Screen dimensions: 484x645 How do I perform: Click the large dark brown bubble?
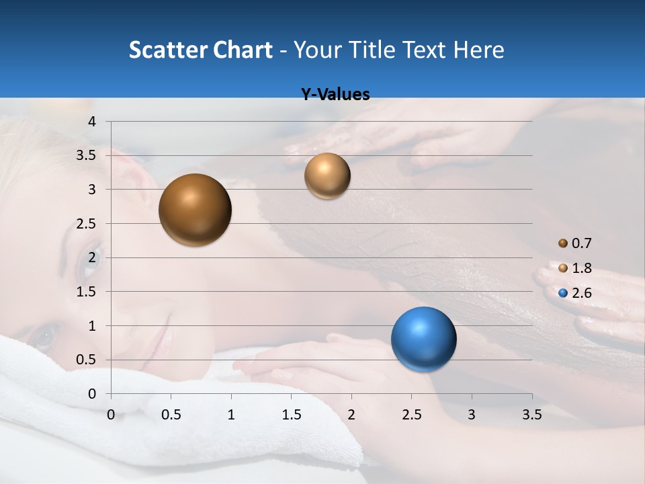point(195,210)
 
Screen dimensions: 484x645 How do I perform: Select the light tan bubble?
point(327,176)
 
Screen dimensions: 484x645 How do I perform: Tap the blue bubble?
point(423,339)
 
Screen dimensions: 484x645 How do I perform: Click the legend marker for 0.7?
point(563,243)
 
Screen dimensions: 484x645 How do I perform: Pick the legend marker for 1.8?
point(563,268)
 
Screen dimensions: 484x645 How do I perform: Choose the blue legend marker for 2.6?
point(563,293)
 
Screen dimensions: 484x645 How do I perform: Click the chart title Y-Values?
point(335,95)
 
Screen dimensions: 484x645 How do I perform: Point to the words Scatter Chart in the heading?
point(200,50)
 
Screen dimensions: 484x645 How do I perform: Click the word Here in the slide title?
point(478,50)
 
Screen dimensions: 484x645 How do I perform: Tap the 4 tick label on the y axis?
point(93,122)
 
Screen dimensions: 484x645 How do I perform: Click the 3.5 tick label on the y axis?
point(87,156)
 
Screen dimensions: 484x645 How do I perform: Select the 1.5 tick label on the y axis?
point(87,292)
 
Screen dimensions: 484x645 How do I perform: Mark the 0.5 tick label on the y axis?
point(87,360)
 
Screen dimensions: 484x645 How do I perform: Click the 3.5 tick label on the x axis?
point(532,415)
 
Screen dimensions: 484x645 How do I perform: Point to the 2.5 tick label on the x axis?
point(412,415)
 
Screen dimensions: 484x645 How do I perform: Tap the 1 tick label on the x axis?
point(231,415)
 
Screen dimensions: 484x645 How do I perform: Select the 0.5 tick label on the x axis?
point(171,415)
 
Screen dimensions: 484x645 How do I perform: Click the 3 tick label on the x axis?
point(472,415)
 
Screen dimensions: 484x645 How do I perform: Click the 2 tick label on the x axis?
point(351,415)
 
